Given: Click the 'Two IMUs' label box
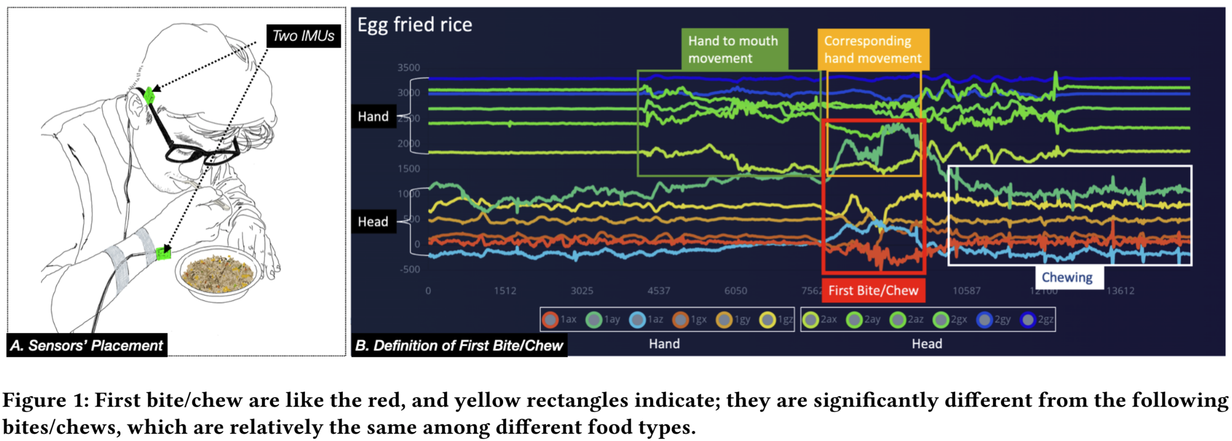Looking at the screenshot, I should pyautogui.click(x=303, y=36).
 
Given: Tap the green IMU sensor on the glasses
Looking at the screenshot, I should pyautogui.click(x=149, y=95).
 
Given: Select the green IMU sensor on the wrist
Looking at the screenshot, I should pyautogui.click(x=163, y=253).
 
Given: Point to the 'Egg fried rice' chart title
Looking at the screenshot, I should pyautogui.click(x=415, y=25).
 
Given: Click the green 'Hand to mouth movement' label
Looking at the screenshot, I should pyautogui.click(x=734, y=49).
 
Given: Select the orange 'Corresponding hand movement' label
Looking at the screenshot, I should pyautogui.click(x=872, y=49).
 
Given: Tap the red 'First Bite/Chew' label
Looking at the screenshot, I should pyautogui.click(x=873, y=290).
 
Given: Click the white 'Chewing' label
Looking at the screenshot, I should pyautogui.click(x=1067, y=277).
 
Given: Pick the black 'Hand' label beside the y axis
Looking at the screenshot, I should pyautogui.click(x=373, y=116).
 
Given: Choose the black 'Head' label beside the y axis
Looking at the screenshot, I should pyautogui.click(x=373, y=222).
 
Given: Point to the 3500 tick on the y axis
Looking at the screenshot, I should pyautogui.click(x=409, y=67).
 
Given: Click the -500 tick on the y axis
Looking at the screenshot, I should pyautogui.click(x=410, y=269).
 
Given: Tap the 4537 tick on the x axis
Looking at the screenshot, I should pyautogui.click(x=658, y=291).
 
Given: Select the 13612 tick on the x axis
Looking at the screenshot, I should pyautogui.click(x=1120, y=291).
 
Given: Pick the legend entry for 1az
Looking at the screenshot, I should pyautogui.click(x=647, y=319).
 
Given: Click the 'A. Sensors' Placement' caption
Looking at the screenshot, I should pyautogui.click(x=87, y=345).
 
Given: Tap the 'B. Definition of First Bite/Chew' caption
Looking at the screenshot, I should pyautogui.click(x=459, y=345).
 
